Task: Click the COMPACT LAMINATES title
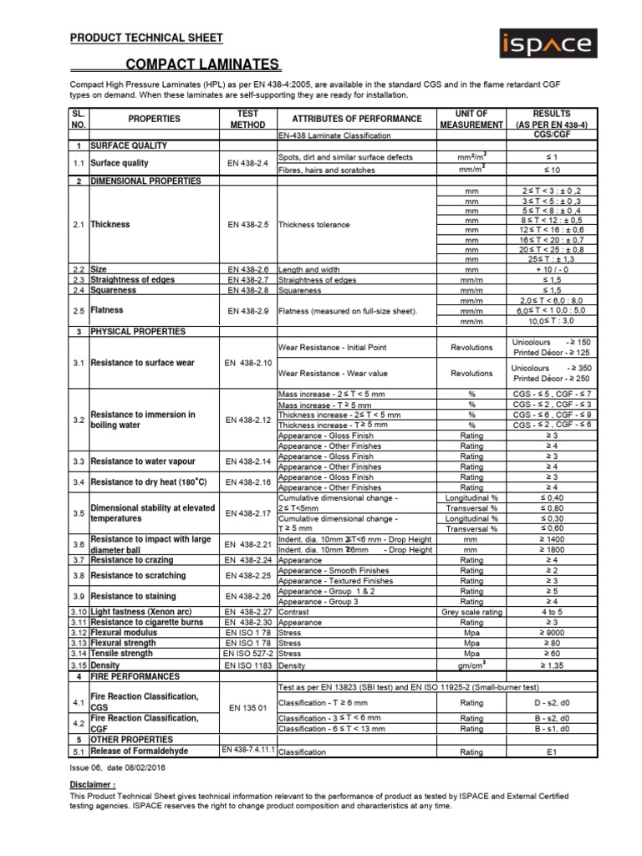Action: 203,65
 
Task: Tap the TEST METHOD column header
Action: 247,119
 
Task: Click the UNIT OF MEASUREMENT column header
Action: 471,119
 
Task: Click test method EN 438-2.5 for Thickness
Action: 247,224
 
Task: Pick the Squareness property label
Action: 115,290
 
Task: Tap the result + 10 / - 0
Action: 552,270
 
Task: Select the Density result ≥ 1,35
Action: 552,665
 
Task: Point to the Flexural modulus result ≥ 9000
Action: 552,633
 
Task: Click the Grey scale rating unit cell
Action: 471,612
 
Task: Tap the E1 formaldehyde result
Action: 552,752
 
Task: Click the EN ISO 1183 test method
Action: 247,665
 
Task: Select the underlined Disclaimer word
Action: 92,785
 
